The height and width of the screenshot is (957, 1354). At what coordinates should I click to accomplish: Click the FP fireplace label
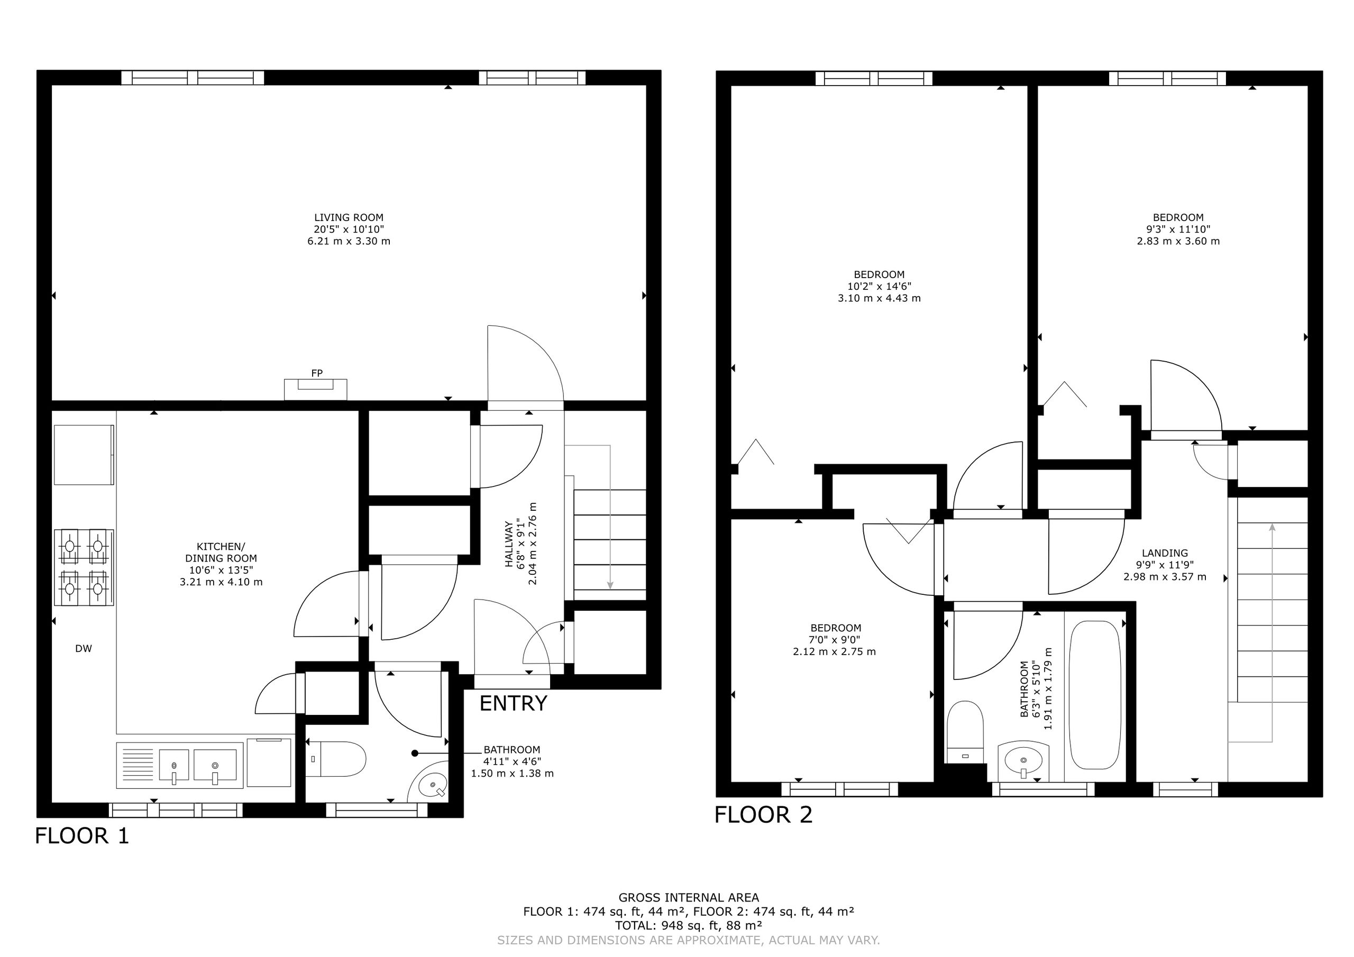pyautogui.click(x=317, y=373)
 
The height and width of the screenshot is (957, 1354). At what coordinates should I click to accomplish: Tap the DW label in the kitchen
pyautogui.click(x=84, y=649)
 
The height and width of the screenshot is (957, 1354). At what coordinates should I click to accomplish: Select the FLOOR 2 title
pyautogui.click(x=763, y=814)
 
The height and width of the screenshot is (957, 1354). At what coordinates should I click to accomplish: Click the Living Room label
pyautogui.click(x=349, y=229)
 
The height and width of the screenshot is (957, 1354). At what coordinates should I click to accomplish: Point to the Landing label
pyautogui.click(x=1165, y=565)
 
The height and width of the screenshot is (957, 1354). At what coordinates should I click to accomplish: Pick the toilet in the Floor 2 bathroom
pyautogui.click(x=965, y=732)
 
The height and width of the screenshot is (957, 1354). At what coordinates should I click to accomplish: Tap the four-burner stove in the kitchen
pyautogui.click(x=84, y=568)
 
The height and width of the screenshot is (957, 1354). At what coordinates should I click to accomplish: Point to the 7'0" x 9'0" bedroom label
pyautogui.click(x=835, y=640)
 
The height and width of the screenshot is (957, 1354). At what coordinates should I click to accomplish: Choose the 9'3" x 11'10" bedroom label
pyautogui.click(x=1178, y=229)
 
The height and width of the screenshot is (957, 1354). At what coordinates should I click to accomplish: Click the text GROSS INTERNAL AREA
pyautogui.click(x=689, y=897)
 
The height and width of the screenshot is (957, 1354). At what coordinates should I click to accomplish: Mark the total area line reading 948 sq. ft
pyautogui.click(x=689, y=925)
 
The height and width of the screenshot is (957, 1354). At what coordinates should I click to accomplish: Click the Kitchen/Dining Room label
pyautogui.click(x=221, y=564)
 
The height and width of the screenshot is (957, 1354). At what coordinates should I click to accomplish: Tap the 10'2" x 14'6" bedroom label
pyautogui.click(x=879, y=287)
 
